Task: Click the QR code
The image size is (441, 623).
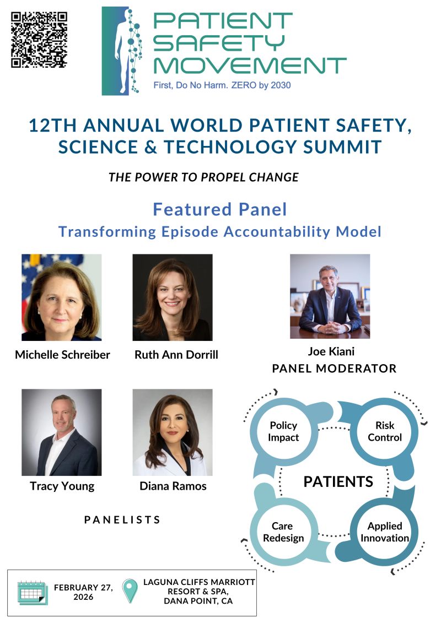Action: (x=39, y=40)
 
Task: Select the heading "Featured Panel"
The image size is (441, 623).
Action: (x=220, y=209)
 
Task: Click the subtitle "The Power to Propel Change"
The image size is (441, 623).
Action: (x=203, y=177)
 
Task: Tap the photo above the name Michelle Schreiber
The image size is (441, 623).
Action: (x=61, y=297)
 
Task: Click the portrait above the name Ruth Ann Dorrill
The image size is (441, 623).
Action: (x=173, y=297)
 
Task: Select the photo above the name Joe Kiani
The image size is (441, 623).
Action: (x=330, y=296)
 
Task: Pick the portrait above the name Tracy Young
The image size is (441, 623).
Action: (x=61, y=432)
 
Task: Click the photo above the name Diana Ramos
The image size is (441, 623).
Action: (x=173, y=432)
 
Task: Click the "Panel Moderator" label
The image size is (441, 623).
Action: (x=334, y=369)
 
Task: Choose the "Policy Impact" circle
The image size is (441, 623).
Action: (x=283, y=431)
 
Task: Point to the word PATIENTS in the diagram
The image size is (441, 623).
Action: (x=338, y=482)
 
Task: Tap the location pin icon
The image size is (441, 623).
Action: (x=130, y=591)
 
